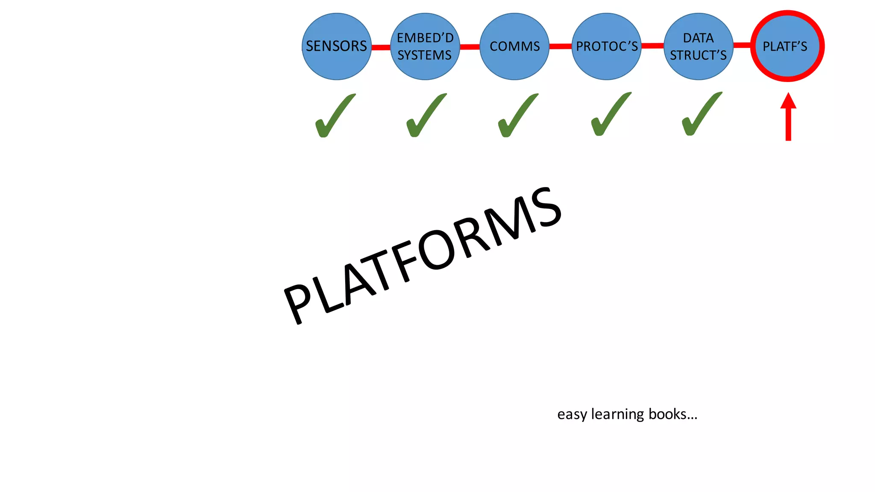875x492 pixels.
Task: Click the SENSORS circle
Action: [337, 46]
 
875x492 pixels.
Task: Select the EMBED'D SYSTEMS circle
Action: [425, 46]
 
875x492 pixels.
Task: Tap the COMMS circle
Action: [514, 46]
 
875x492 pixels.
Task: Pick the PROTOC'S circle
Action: [606, 46]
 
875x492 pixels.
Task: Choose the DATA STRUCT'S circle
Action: [698, 46]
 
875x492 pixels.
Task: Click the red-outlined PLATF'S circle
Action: [787, 46]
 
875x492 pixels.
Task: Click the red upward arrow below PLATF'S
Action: [788, 117]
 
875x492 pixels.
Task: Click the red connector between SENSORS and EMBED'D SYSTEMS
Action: [381, 47]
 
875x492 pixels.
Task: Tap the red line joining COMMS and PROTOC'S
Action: [560, 46]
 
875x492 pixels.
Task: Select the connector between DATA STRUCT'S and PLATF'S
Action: [742, 45]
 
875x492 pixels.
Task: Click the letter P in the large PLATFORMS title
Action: [299, 301]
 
